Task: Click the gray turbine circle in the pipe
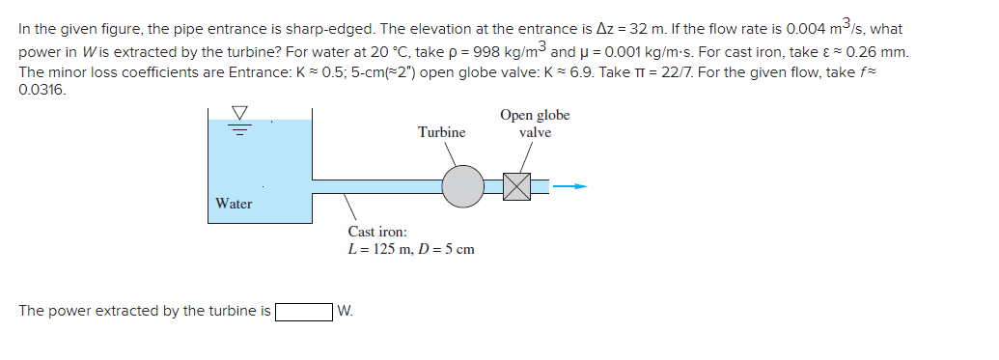point(463,185)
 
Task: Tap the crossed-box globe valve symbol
point(517,186)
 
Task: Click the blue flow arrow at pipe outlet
point(575,185)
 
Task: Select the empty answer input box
point(304,311)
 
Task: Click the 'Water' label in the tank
point(234,204)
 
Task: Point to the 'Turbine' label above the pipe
point(441,132)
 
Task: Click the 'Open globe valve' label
point(535,124)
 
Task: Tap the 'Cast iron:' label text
point(377,232)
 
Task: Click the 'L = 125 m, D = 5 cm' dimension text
point(411,250)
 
